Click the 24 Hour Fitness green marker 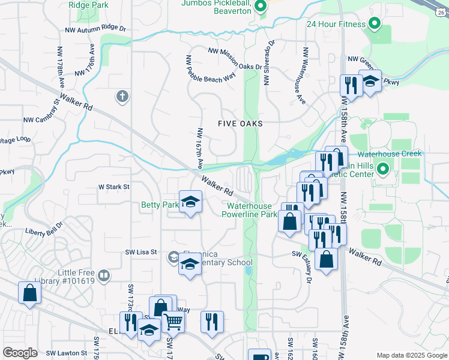point(375,25)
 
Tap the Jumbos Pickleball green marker point(260,7)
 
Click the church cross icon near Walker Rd point(122,96)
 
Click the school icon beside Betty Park point(190,202)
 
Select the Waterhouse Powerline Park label point(251,209)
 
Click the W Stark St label point(114,187)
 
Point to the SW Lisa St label point(140,253)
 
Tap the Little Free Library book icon point(104,276)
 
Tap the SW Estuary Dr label point(310,268)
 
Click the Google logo point(20,353)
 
